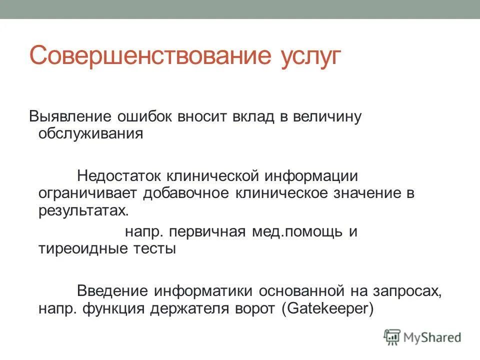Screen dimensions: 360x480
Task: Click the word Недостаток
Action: tap(118, 175)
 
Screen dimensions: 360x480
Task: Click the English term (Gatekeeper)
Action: tap(327, 308)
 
